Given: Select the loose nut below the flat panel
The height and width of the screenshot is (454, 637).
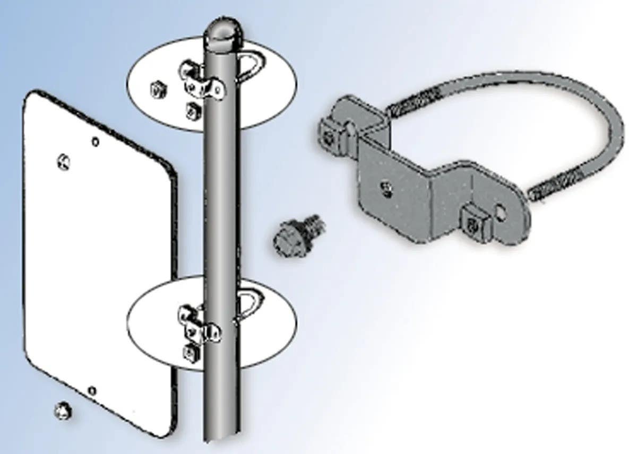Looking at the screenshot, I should click(x=63, y=410).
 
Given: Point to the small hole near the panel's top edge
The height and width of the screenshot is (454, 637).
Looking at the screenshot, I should click(x=95, y=142).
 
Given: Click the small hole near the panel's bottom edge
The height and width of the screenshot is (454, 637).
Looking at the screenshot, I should click(x=92, y=391).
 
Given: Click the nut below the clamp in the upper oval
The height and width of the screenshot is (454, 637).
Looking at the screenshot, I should click(x=193, y=110).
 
